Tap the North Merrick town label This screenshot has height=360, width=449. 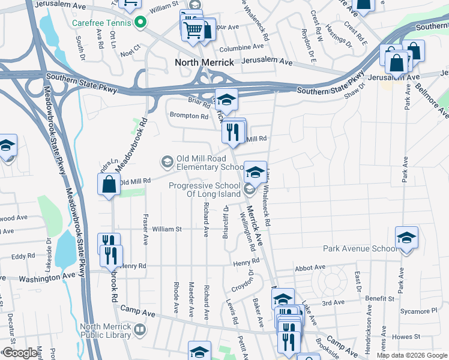tap(204, 62)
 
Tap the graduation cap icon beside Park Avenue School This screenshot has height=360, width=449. tap(406, 238)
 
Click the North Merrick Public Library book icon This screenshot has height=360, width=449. tap(139, 329)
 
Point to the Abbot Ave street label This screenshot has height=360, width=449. tap(310, 268)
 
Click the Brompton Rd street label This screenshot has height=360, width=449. tap(188, 116)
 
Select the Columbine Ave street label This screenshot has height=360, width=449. tap(242, 46)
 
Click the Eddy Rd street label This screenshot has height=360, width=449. tap(23, 256)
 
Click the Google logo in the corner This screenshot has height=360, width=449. tap(20, 353)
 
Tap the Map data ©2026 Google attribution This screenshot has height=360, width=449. tap(411, 355)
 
